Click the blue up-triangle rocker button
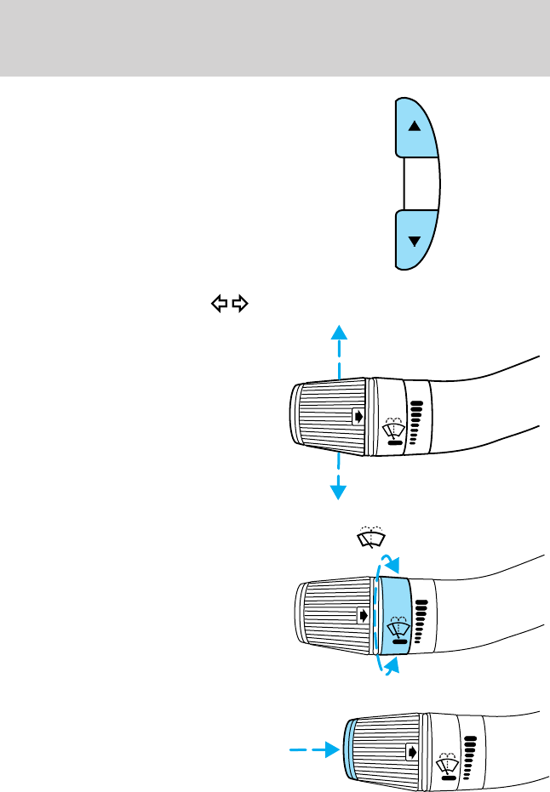pyautogui.click(x=415, y=128)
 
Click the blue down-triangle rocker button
pyautogui.click(x=415, y=241)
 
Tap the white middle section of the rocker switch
pyautogui.click(x=419, y=184)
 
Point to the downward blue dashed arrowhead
pyautogui.click(x=339, y=491)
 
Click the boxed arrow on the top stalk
pyautogui.click(x=358, y=417)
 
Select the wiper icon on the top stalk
pyautogui.click(x=394, y=430)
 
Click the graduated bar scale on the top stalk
pyautogui.click(x=415, y=423)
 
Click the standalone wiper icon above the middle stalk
pyautogui.click(x=370, y=536)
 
